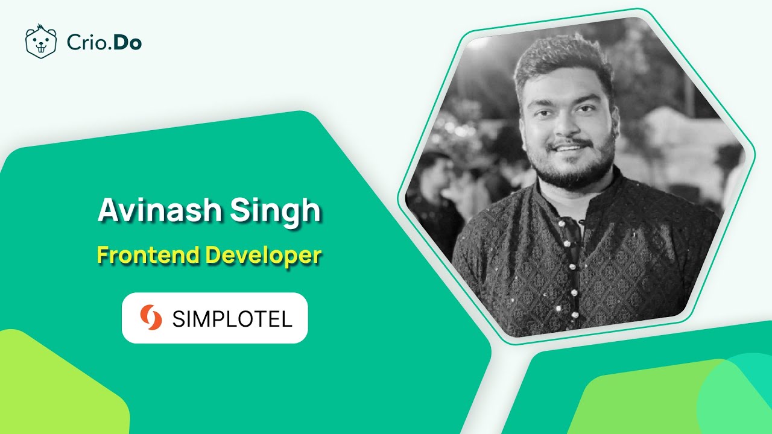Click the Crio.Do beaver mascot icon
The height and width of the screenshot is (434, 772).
(x=40, y=42)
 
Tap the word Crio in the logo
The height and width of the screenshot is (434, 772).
(x=84, y=43)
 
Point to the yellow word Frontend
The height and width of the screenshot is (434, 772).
(x=148, y=255)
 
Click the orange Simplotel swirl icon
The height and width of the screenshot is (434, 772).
(x=151, y=318)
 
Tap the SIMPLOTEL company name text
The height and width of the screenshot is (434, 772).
(x=232, y=319)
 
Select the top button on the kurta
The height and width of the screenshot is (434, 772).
(x=561, y=223)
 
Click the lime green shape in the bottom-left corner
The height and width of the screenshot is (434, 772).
(x=54, y=386)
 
